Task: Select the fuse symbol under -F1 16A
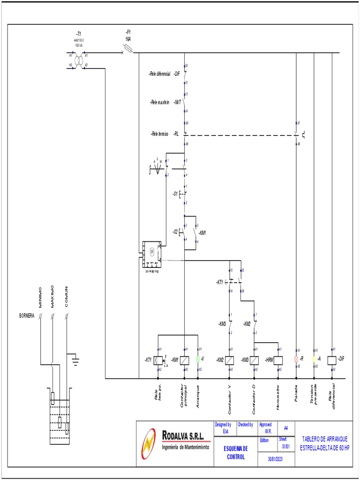click(127, 49)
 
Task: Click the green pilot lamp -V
click(198, 359)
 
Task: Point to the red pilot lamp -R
click(296, 359)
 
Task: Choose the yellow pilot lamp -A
click(314, 359)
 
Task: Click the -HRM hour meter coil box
click(278, 360)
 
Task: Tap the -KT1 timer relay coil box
click(159, 360)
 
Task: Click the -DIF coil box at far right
click(332, 360)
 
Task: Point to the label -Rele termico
click(159, 134)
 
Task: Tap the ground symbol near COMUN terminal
click(75, 360)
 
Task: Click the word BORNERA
click(26, 316)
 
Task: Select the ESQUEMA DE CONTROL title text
click(235, 452)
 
